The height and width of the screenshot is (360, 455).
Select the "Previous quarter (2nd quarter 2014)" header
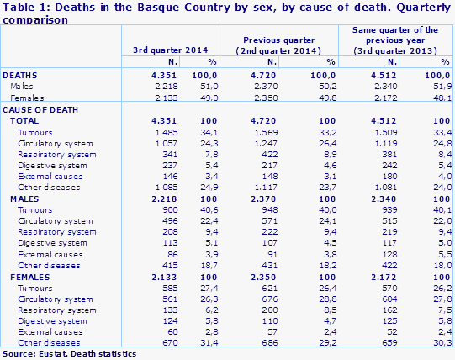tap(279, 44)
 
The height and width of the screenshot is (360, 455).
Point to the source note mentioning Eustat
tap(69, 354)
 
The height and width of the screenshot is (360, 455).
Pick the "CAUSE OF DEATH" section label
tap(40, 109)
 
